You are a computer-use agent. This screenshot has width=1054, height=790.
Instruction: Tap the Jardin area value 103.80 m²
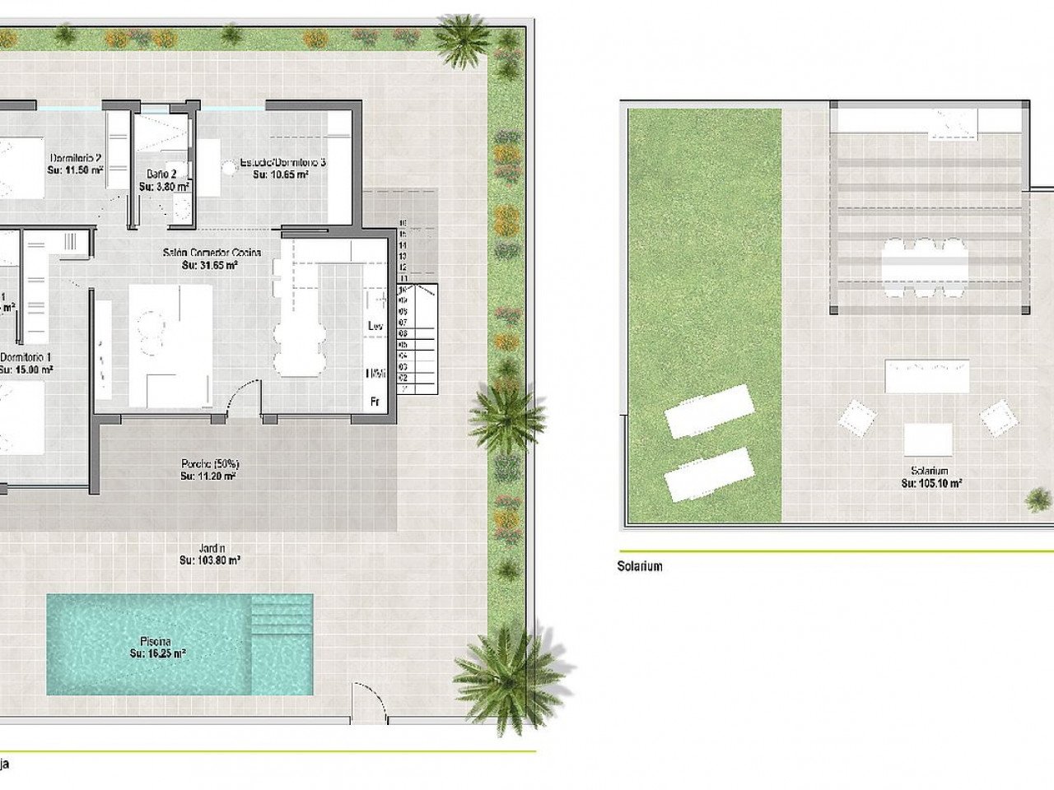click(x=210, y=560)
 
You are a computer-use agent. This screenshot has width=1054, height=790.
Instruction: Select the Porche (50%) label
click(x=209, y=462)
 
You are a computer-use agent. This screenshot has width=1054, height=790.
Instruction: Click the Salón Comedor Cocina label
click(x=210, y=253)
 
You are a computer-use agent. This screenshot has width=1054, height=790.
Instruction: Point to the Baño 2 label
click(x=162, y=174)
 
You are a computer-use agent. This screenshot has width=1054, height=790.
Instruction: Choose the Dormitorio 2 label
click(x=76, y=158)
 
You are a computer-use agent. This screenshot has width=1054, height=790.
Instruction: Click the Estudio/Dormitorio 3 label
click(x=282, y=163)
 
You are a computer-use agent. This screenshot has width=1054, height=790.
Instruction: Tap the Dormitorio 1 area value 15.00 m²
click(x=27, y=370)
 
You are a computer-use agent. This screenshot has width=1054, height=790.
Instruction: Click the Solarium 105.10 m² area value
click(x=930, y=484)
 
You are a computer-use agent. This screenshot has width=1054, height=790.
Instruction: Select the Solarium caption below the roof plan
click(x=639, y=566)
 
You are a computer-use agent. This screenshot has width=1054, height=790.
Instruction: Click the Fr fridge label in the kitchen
click(x=375, y=402)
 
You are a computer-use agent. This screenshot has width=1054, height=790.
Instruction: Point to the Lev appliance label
click(x=375, y=327)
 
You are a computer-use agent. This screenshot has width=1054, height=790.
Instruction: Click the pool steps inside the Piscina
click(x=282, y=617)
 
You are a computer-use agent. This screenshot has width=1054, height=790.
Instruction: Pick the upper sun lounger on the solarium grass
click(x=708, y=411)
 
